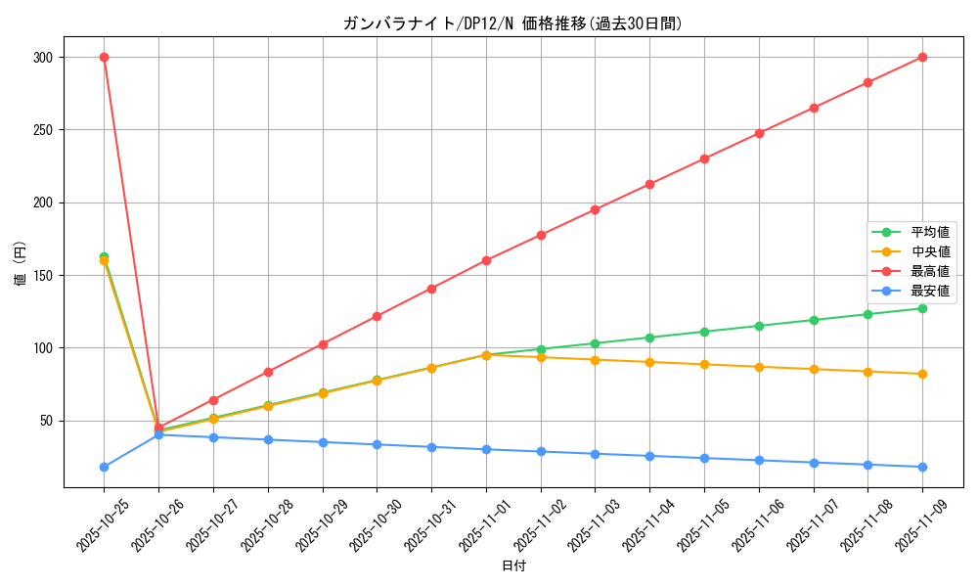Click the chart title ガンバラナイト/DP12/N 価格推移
click(512, 23)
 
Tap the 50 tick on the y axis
click(45, 421)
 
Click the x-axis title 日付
click(512, 566)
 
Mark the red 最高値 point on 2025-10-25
click(104, 57)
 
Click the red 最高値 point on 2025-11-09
click(922, 57)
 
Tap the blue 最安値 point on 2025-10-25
click(104, 467)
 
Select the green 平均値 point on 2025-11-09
click(922, 308)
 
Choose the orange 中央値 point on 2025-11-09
click(922, 374)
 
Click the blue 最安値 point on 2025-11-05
click(704, 458)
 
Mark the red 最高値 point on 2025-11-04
click(649, 184)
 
